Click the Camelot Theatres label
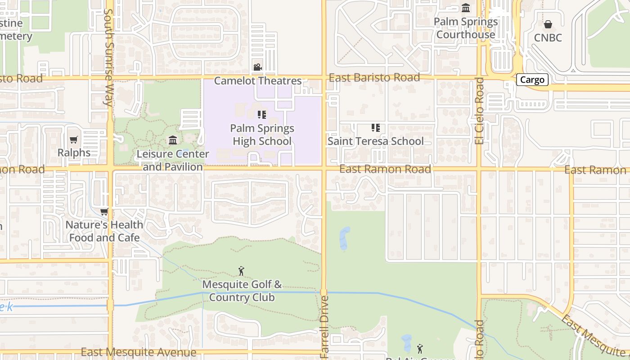point(257,81)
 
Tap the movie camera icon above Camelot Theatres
point(257,67)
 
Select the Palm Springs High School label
point(262,135)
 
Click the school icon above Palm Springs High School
point(262,115)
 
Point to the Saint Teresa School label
point(375,141)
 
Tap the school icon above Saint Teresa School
point(375,128)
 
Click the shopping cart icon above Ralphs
point(74,139)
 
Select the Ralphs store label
point(74,153)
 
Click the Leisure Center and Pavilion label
point(173,160)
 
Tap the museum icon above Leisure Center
point(173,140)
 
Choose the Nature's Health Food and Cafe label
point(104,231)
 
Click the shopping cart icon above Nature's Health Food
point(104,211)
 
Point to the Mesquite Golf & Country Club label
point(242,291)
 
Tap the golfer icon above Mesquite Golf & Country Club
point(242,271)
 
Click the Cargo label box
point(532,80)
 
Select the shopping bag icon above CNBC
point(548,24)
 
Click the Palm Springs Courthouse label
point(466,28)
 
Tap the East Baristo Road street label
point(374,77)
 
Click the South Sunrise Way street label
point(108,58)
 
